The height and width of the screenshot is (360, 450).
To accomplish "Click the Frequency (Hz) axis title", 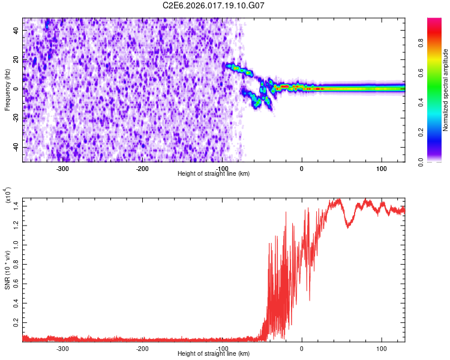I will click(x=7, y=89).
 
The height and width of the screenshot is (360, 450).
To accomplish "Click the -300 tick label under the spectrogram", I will click(x=63, y=168).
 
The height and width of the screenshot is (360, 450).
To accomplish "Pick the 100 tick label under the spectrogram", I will click(x=381, y=168).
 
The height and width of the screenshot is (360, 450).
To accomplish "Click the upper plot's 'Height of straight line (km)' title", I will click(x=214, y=173).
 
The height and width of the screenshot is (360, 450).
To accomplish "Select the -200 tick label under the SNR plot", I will click(x=142, y=349).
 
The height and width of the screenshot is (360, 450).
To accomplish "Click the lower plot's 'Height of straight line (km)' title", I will click(x=214, y=354).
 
